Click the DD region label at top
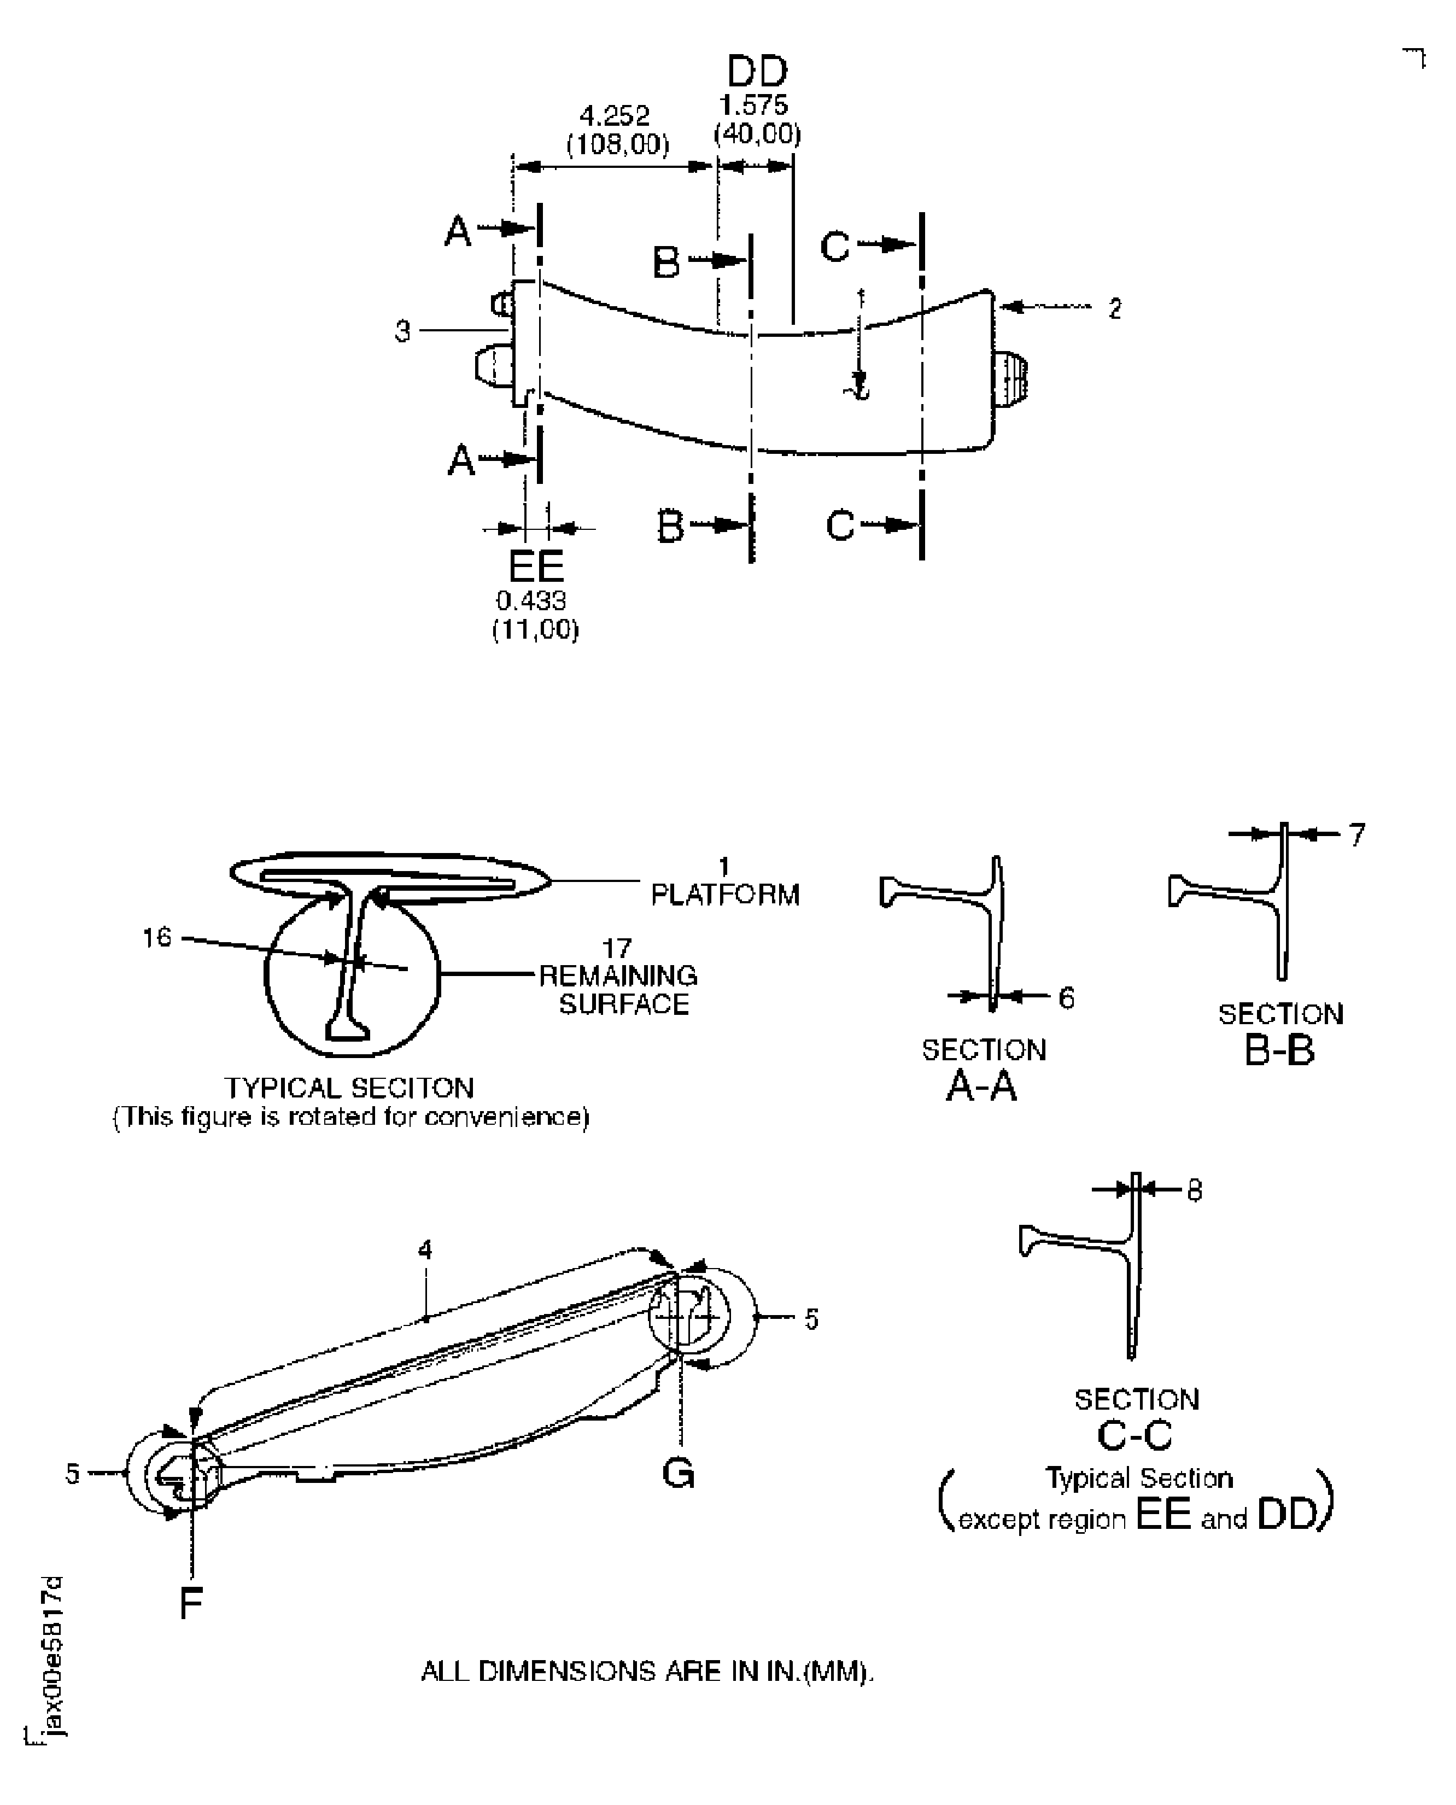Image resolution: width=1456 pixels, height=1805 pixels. tap(757, 72)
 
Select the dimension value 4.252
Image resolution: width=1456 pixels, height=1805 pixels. tap(615, 116)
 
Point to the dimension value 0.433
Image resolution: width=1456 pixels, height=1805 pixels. tap(531, 600)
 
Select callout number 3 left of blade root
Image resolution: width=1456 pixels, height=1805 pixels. tap(402, 332)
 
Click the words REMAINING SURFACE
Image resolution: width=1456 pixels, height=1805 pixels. tap(619, 990)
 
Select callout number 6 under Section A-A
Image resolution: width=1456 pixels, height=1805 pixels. tap(1066, 997)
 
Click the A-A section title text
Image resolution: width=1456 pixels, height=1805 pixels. tap(981, 1086)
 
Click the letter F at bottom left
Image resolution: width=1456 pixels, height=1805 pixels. tap(191, 1604)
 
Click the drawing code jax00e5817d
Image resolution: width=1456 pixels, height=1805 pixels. tap(52, 1656)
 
